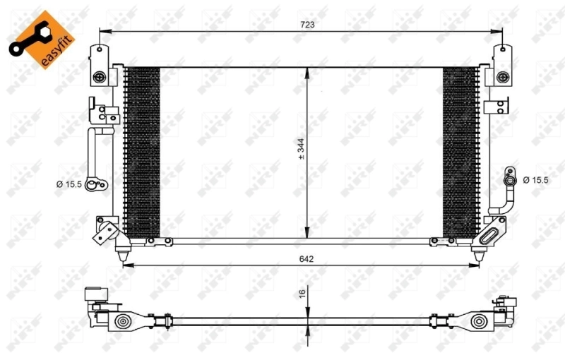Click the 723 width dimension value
307,24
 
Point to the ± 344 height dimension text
301,150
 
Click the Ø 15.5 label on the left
69,184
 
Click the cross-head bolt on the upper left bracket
100,76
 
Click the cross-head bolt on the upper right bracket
502,76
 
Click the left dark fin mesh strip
142,152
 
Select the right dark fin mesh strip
459,152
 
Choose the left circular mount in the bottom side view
123,323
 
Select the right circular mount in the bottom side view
480,323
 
